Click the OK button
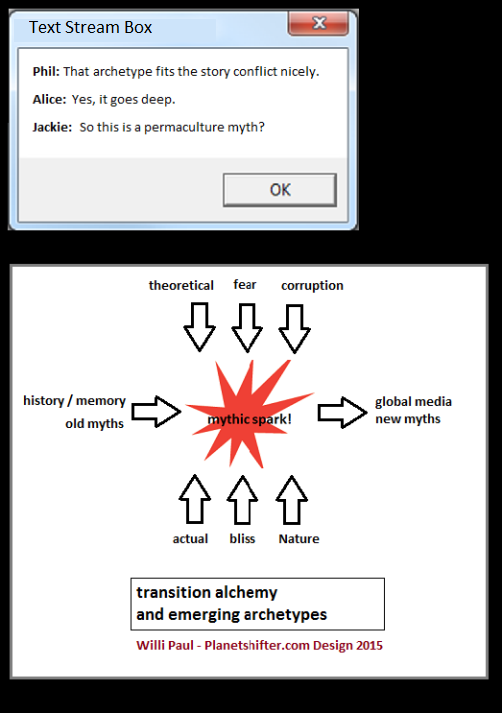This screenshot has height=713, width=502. pos(280,190)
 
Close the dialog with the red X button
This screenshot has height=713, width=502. pos(318,23)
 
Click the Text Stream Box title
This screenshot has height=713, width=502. pos(90,27)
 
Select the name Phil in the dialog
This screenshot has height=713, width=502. pos(46,71)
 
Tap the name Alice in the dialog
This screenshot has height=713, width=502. pos(50,99)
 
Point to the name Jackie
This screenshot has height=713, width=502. pos(52,127)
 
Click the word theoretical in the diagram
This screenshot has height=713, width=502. pos(181,285)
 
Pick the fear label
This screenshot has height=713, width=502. pos(245,284)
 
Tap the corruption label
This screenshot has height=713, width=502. pos(312,286)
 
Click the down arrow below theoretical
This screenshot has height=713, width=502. pos(199,327)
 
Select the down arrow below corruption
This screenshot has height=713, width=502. pos(295,329)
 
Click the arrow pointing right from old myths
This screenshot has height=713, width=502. pos(156,412)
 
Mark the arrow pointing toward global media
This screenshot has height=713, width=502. pos(342,412)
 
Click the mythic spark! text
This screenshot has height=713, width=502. pos(249,419)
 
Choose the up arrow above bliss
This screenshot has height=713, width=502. pos(242,500)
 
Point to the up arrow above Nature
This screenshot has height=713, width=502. pos(291,500)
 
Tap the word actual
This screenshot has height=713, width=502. pos(190,539)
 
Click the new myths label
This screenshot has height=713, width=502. pos(408,419)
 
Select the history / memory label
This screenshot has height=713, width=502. pos(75,401)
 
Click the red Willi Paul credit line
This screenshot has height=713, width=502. pos(259,645)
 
